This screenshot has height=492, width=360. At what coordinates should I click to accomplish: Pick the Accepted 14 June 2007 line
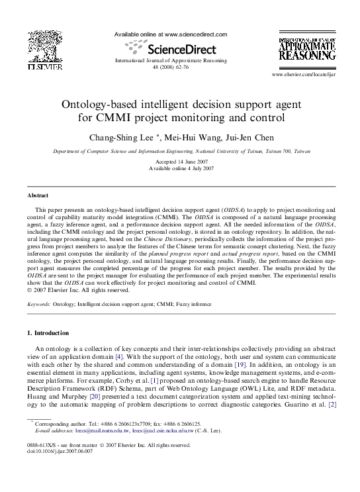tap(181, 162)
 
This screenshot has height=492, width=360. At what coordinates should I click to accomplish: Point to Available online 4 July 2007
tap(181, 168)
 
